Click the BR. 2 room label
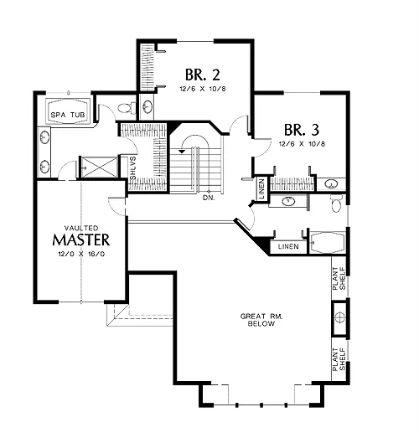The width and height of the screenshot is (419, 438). click(x=202, y=75)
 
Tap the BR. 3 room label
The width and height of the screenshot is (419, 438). click(x=302, y=130)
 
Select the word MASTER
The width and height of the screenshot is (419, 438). click(x=81, y=240)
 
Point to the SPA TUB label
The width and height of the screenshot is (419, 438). click(x=68, y=115)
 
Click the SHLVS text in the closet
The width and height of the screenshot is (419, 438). click(x=133, y=168)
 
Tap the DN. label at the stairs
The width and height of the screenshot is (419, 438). click(x=209, y=198)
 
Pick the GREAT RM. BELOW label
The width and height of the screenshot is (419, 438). click(x=261, y=320)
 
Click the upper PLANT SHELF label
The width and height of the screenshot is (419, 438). click(x=339, y=279)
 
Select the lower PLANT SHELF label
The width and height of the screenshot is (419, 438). click(x=339, y=359)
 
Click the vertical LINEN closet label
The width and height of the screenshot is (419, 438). click(x=261, y=188)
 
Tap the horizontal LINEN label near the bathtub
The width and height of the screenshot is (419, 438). click(x=288, y=246)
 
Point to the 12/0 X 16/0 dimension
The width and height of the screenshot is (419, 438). click(x=81, y=254)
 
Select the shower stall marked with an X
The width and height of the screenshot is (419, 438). click(x=99, y=167)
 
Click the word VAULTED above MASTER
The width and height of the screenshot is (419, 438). click(x=81, y=228)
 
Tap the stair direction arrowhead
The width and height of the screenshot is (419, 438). click(x=182, y=151)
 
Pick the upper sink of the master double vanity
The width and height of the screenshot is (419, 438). click(x=44, y=137)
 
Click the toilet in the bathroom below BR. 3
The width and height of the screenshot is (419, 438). click(x=337, y=203)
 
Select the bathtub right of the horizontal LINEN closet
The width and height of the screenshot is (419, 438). click(x=327, y=243)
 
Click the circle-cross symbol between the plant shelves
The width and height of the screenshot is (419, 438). click(x=339, y=317)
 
